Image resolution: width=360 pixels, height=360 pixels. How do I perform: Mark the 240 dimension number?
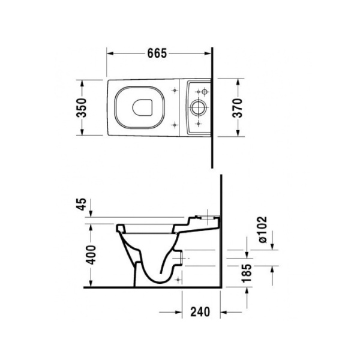tap(201, 311)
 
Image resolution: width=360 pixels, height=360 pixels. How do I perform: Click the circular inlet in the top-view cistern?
tap(197, 109)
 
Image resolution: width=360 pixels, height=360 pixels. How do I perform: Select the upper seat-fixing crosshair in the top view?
tap(175, 91)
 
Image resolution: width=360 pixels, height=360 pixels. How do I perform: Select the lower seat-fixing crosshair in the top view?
tap(175, 125)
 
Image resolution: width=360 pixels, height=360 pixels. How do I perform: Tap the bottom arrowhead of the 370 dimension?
tap(238, 136)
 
